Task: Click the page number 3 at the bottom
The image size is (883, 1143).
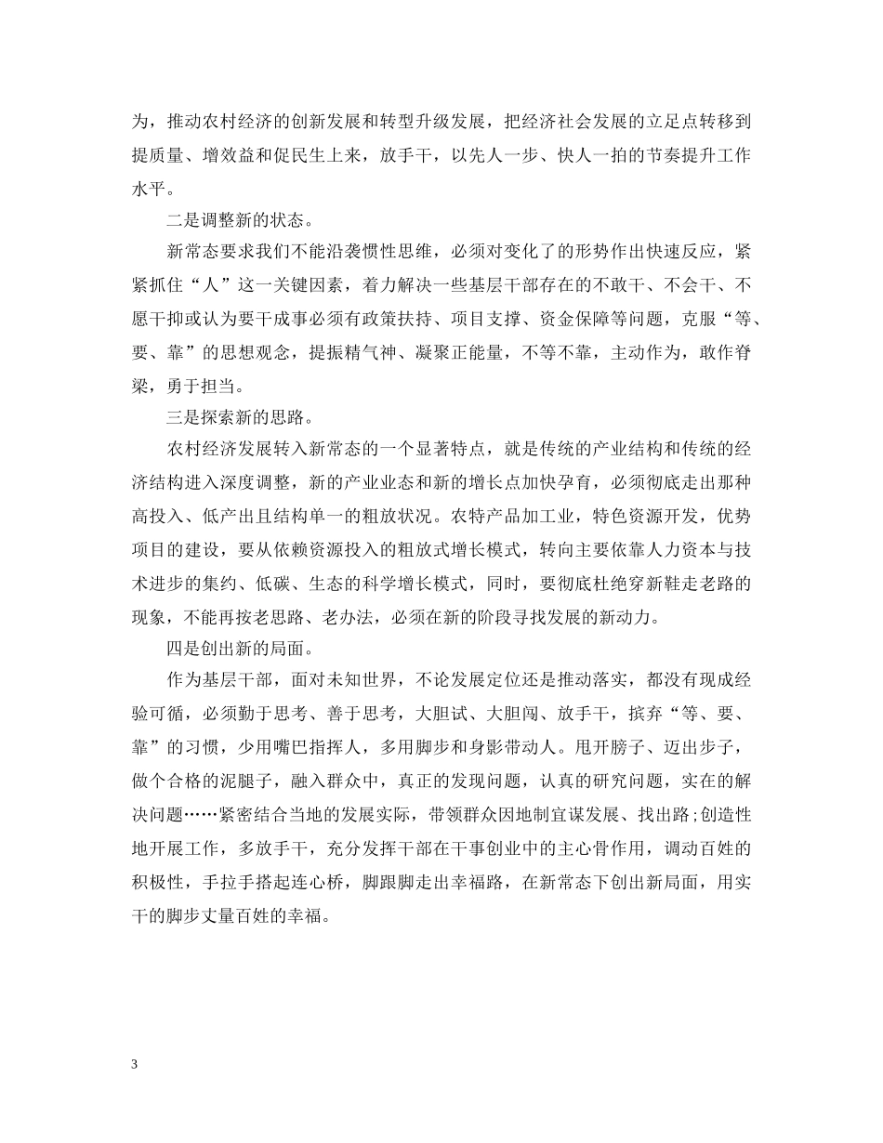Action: pyautogui.click(x=135, y=1064)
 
